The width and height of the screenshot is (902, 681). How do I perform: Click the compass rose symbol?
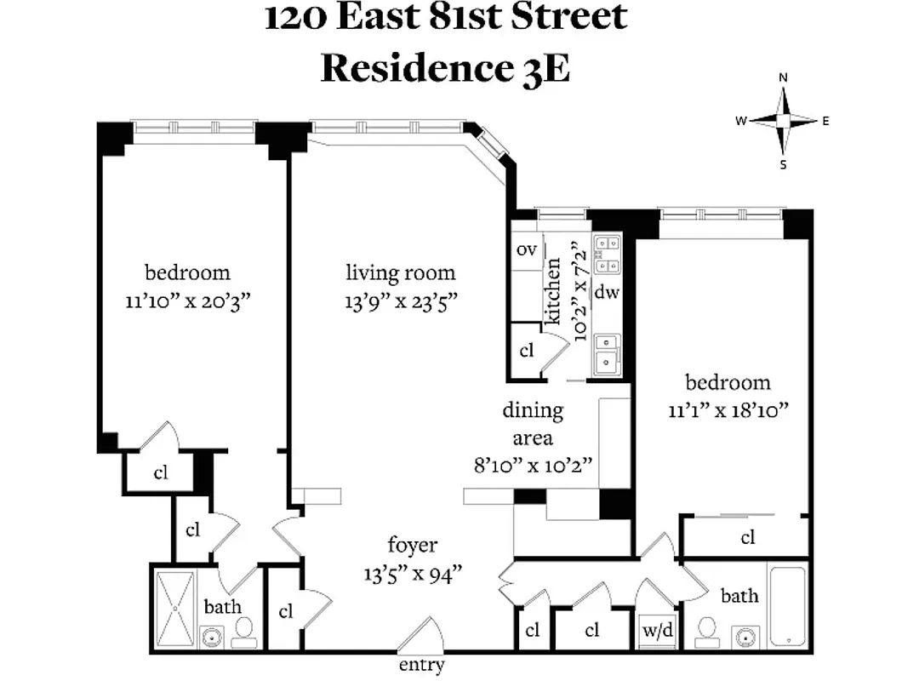tap(783, 121)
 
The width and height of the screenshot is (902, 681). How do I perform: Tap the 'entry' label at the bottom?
tap(421, 665)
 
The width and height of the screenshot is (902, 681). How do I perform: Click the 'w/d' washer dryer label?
tap(658, 631)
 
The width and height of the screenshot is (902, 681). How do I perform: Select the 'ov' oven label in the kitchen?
tap(526, 250)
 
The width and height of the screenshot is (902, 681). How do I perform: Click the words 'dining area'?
tap(533, 424)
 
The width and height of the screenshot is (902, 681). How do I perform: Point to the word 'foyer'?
tap(413, 545)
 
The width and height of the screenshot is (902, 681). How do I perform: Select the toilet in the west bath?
tap(244, 631)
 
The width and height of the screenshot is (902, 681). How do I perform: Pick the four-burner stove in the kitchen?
tap(608, 253)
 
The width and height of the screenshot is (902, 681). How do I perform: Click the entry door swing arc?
tap(423, 635)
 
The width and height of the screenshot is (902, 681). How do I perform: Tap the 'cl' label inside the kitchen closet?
tap(527, 350)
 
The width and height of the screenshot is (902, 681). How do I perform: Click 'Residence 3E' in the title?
tap(445, 68)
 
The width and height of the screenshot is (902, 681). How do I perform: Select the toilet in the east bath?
tap(705, 631)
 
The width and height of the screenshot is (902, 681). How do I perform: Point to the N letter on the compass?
tap(783, 77)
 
